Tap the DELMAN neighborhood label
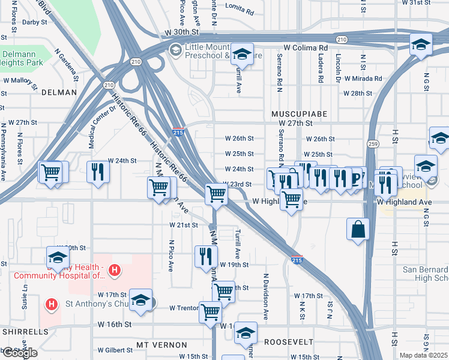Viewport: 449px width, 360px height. point(59,92)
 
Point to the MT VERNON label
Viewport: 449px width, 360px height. point(161,345)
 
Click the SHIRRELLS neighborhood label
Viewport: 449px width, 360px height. point(25,331)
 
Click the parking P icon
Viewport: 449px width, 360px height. point(356,177)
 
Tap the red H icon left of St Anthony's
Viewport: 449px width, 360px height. point(52,304)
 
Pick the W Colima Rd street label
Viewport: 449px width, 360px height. point(307,47)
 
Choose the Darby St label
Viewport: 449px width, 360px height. point(34,22)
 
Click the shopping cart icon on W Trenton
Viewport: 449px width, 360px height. point(210,311)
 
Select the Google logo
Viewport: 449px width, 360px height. point(19,353)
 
